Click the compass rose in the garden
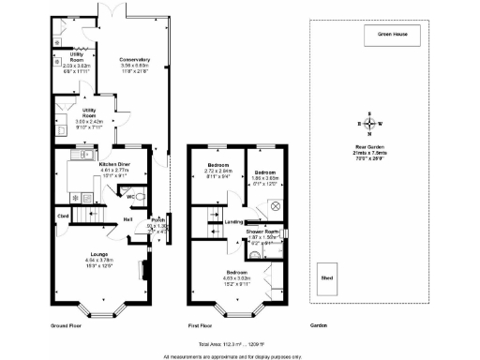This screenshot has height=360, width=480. (369, 124)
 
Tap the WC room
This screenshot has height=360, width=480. (130, 197)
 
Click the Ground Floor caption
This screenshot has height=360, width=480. (67, 324)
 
